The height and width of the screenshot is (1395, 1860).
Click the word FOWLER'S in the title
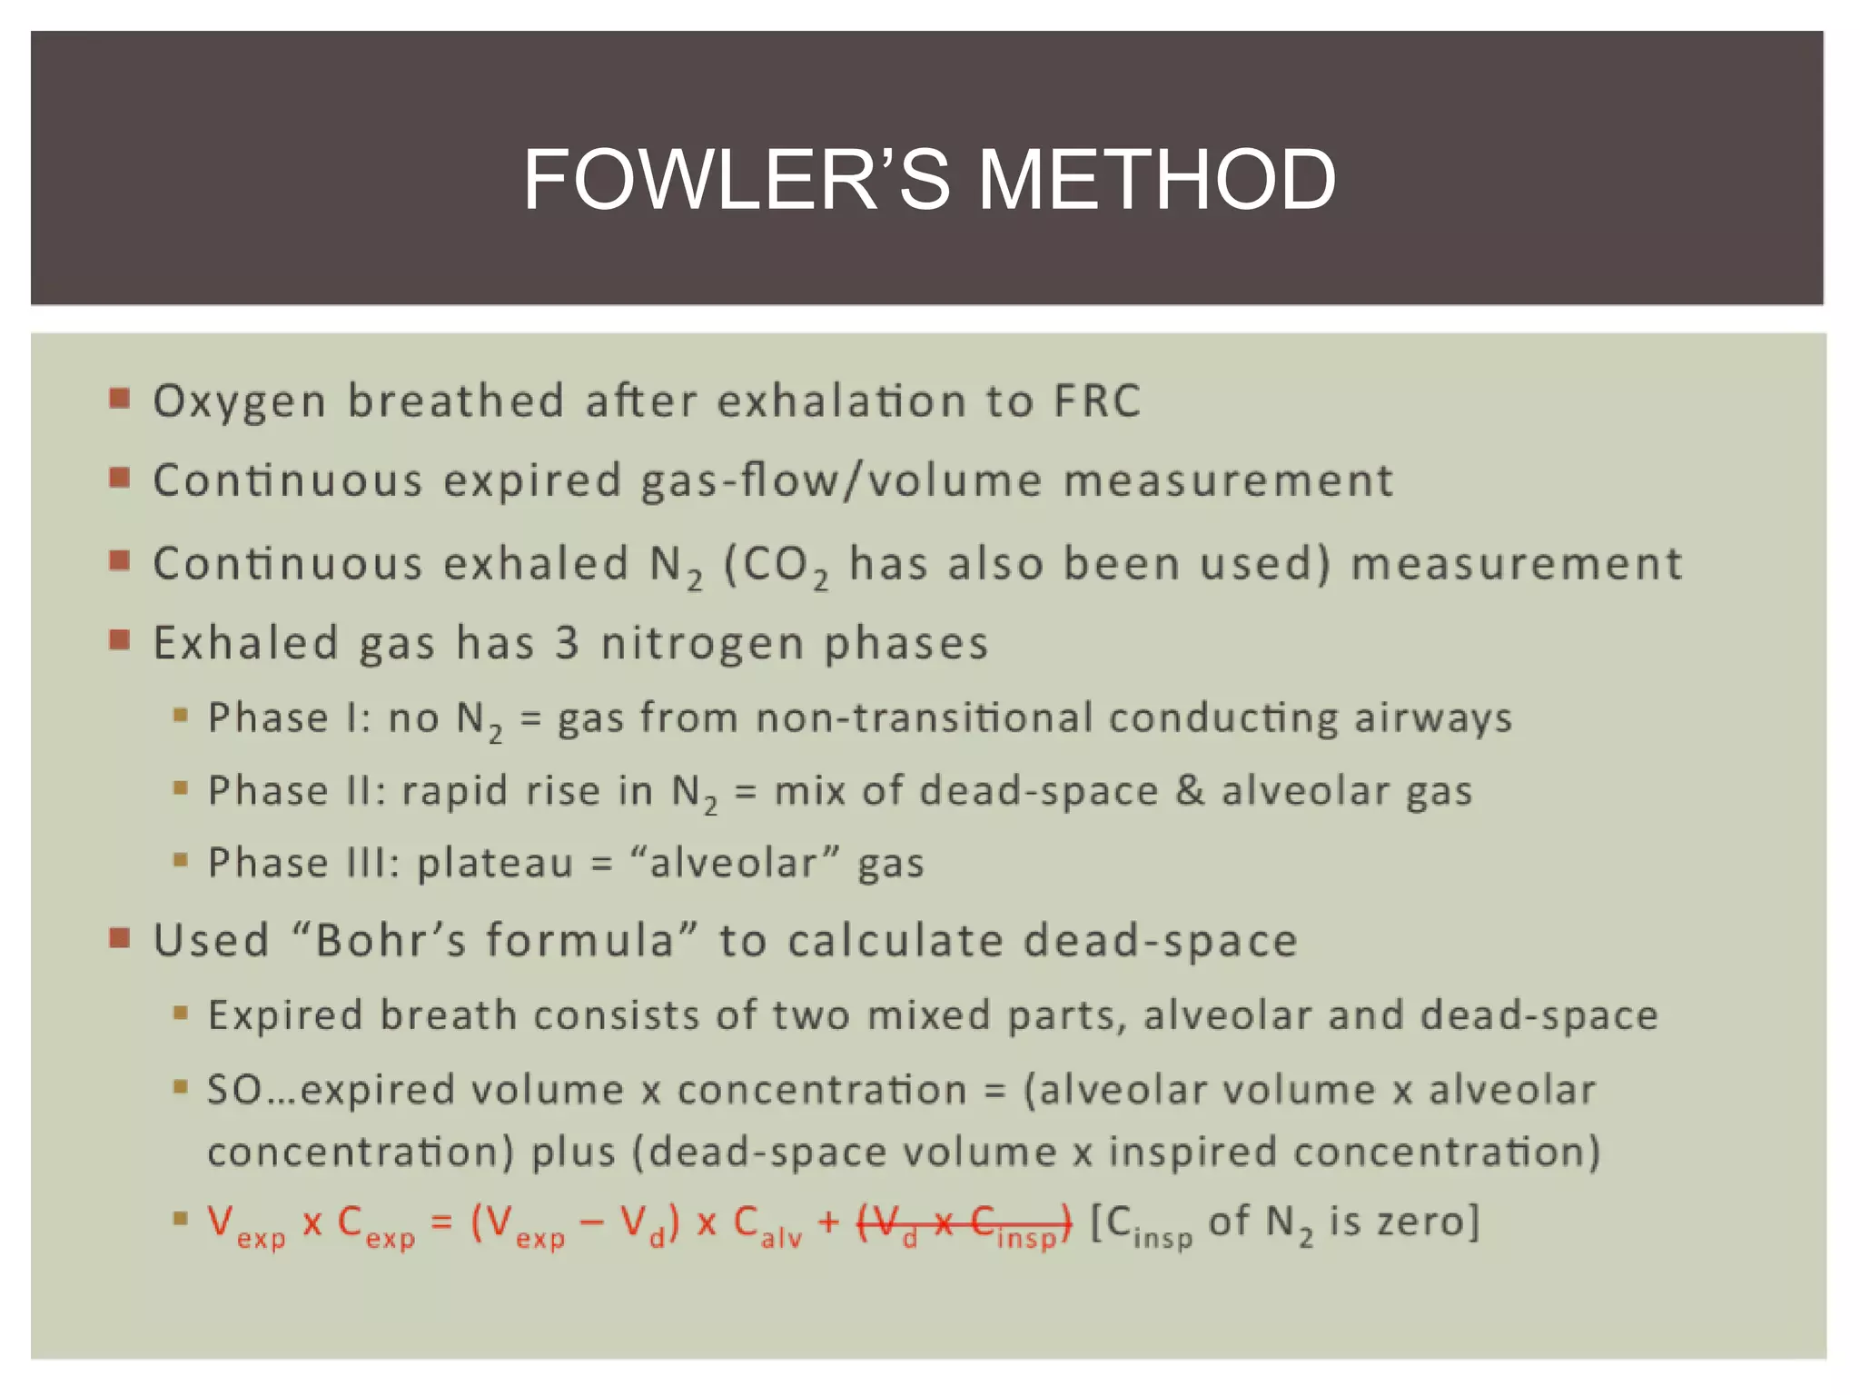[x=736, y=180]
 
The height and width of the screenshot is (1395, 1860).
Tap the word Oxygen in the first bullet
[x=239, y=401]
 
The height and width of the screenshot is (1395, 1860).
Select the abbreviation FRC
[x=1096, y=401]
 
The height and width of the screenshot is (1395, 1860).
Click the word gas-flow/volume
[x=842, y=480]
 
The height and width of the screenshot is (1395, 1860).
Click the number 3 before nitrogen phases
[x=567, y=643]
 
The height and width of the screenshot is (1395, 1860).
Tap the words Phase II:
[x=297, y=790]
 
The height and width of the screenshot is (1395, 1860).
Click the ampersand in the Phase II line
[x=1189, y=790]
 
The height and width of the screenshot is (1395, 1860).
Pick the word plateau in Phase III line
[x=495, y=864]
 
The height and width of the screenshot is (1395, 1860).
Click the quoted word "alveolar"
[x=734, y=862]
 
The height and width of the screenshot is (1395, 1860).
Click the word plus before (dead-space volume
[x=573, y=1152]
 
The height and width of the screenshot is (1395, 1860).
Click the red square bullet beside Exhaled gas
[x=120, y=640]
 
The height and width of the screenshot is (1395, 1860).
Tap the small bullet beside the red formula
[x=181, y=1218]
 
